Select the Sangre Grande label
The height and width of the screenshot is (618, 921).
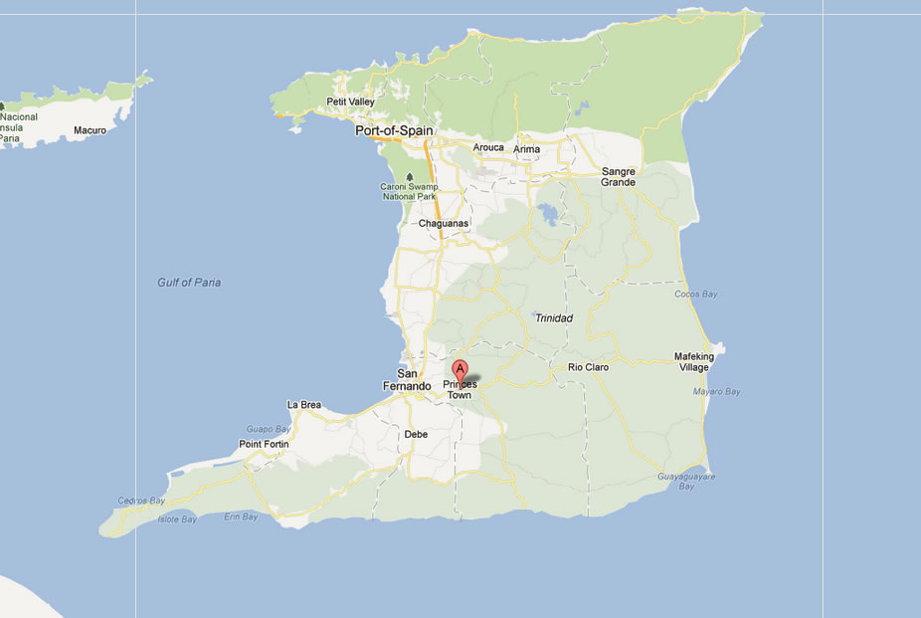(x=618, y=177)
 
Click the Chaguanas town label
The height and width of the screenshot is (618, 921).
(x=443, y=224)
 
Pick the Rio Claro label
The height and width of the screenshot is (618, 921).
(x=588, y=367)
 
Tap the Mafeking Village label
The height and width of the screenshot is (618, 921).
(x=694, y=362)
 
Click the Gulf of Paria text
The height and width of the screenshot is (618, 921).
(x=189, y=283)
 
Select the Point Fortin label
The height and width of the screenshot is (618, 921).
(x=263, y=444)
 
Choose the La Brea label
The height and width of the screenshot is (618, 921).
(x=303, y=405)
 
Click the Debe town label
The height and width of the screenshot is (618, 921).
(x=416, y=434)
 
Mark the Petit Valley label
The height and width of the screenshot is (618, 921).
(x=350, y=102)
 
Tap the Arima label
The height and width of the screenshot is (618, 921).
(x=526, y=149)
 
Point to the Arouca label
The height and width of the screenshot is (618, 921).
(x=488, y=147)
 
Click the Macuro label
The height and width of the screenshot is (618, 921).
(x=90, y=130)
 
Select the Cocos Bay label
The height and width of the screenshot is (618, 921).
(x=696, y=295)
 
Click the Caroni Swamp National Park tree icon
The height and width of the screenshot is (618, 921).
(x=410, y=177)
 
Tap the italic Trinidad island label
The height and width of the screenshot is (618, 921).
(x=554, y=318)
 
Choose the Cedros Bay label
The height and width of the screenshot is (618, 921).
(x=140, y=501)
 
